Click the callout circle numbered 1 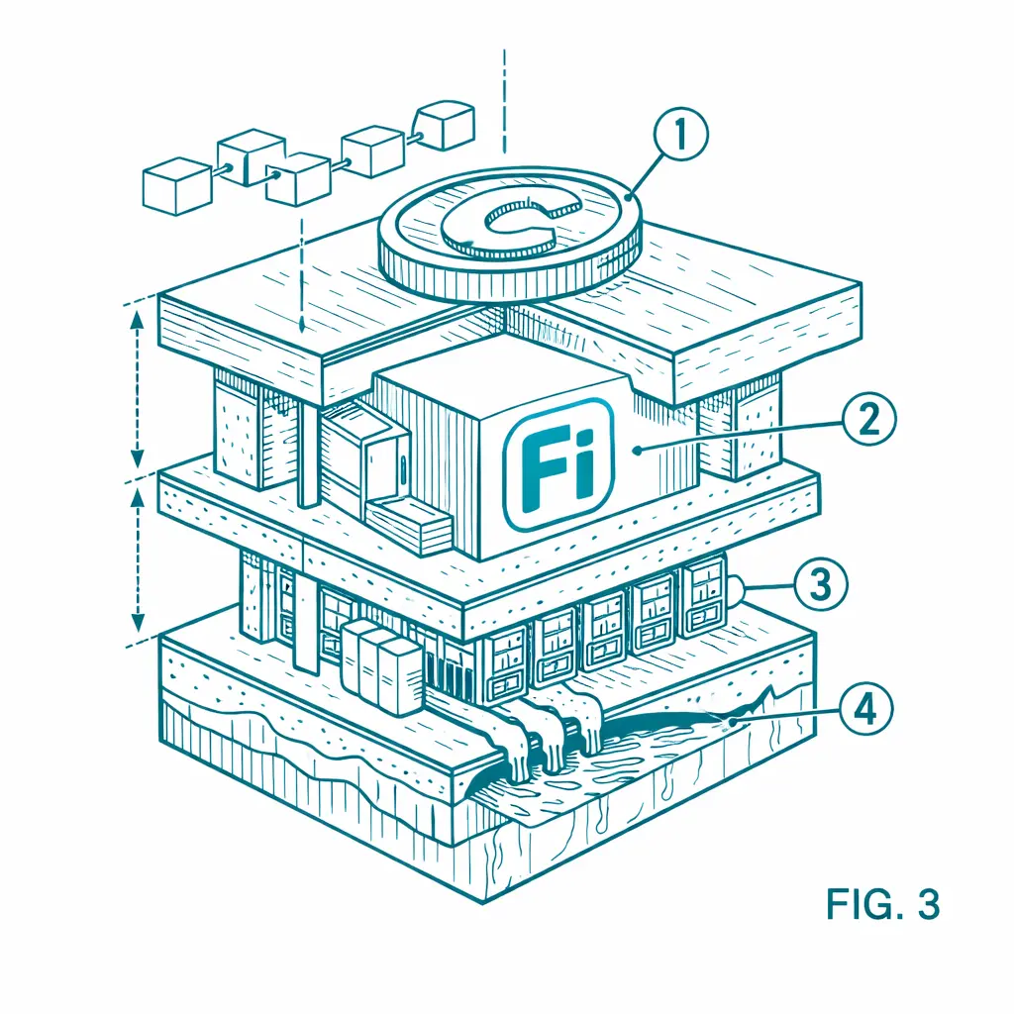click(x=680, y=134)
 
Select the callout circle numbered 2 click(x=868, y=419)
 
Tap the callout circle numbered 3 click(x=820, y=584)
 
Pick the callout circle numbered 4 click(x=865, y=709)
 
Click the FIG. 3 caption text click(x=882, y=903)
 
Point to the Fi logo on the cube click(x=558, y=463)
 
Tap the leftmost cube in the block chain click(x=176, y=185)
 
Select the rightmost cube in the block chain click(x=444, y=125)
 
